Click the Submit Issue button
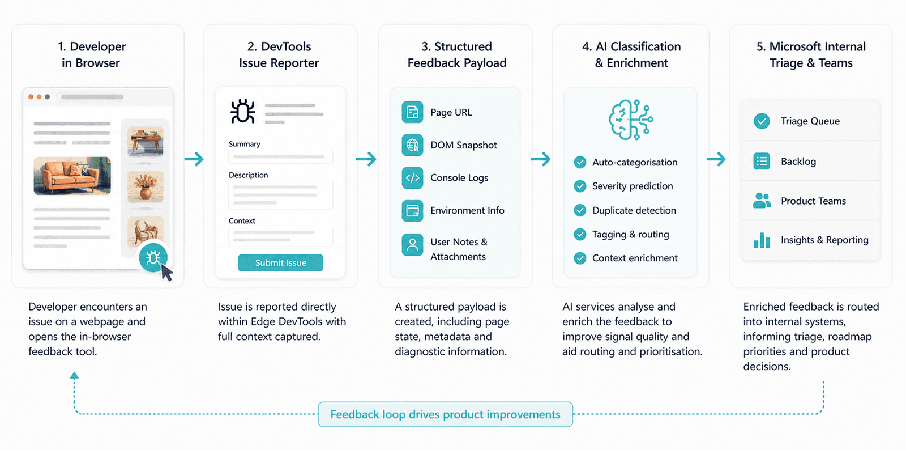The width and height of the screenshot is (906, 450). [x=280, y=262]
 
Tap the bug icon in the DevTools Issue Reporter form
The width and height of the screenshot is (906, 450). [x=243, y=111]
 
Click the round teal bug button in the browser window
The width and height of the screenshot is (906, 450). [x=153, y=257]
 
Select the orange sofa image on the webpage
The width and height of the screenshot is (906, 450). [x=72, y=176]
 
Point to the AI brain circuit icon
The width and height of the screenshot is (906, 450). [x=631, y=120]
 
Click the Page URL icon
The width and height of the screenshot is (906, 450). [x=412, y=112]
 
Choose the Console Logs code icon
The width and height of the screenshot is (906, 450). [x=412, y=177]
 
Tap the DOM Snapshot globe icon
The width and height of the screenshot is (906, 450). [x=412, y=145]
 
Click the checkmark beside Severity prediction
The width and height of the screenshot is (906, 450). [x=580, y=186]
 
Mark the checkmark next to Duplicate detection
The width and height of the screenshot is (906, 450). [x=580, y=210]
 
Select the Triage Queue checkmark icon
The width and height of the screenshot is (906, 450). [x=762, y=121]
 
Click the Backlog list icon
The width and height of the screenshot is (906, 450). [x=762, y=161]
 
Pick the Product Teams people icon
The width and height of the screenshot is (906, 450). [x=762, y=200]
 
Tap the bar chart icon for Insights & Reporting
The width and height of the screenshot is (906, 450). [x=762, y=240]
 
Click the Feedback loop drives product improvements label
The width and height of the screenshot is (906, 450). [x=445, y=414]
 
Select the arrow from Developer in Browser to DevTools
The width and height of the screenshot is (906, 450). [x=194, y=159]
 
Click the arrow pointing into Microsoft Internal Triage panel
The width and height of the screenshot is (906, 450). [x=716, y=159]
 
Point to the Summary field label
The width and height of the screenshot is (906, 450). [x=244, y=144]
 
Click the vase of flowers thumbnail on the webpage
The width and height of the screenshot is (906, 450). [x=146, y=186]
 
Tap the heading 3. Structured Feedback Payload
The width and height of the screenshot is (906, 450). [x=456, y=54]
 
